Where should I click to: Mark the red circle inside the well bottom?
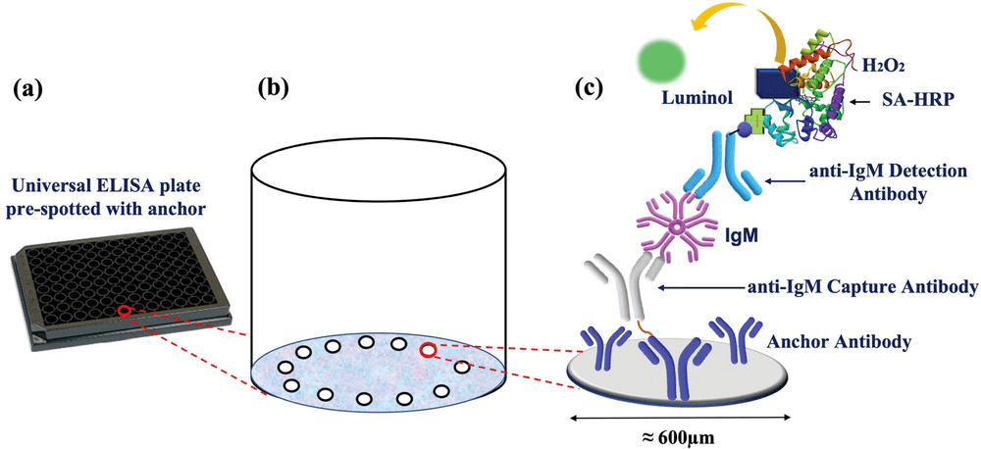(428, 351)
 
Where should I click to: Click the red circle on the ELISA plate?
(124, 312)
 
